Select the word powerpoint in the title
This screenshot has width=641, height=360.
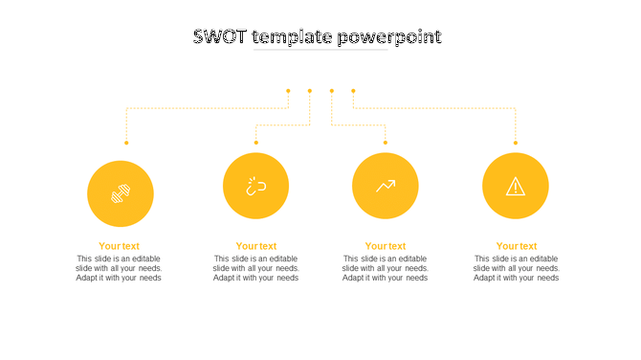point(390,37)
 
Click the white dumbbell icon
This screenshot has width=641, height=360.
point(121,193)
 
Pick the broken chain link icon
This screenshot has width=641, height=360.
point(255,186)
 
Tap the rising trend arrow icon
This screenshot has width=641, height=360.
point(386,186)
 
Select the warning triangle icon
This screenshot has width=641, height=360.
point(516,187)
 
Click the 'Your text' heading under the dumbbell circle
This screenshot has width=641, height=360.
point(119,246)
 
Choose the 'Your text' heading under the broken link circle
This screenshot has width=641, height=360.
point(256,246)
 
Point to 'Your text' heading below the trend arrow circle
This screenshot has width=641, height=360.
point(386,246)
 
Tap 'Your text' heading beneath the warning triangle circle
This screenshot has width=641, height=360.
point(517,246)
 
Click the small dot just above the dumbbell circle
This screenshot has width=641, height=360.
point(126,143)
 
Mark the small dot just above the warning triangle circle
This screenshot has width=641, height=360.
point(516,143)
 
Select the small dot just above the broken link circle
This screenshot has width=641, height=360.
point(256,143)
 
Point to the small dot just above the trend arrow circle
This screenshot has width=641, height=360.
point(386,143)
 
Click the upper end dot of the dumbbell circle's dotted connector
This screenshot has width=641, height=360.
point(288,91)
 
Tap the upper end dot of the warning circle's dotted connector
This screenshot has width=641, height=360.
point(353,91)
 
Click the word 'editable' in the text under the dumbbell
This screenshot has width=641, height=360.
point(144,259)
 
